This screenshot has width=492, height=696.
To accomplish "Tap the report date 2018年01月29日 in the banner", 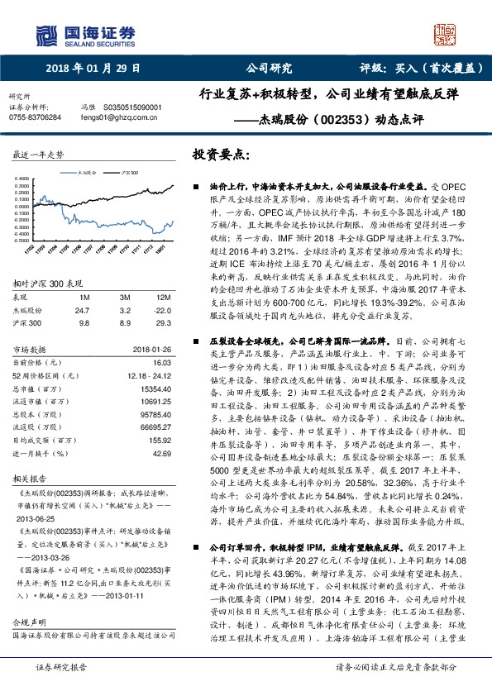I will [93, 69].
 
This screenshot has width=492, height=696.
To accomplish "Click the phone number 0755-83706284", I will [34, 117].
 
